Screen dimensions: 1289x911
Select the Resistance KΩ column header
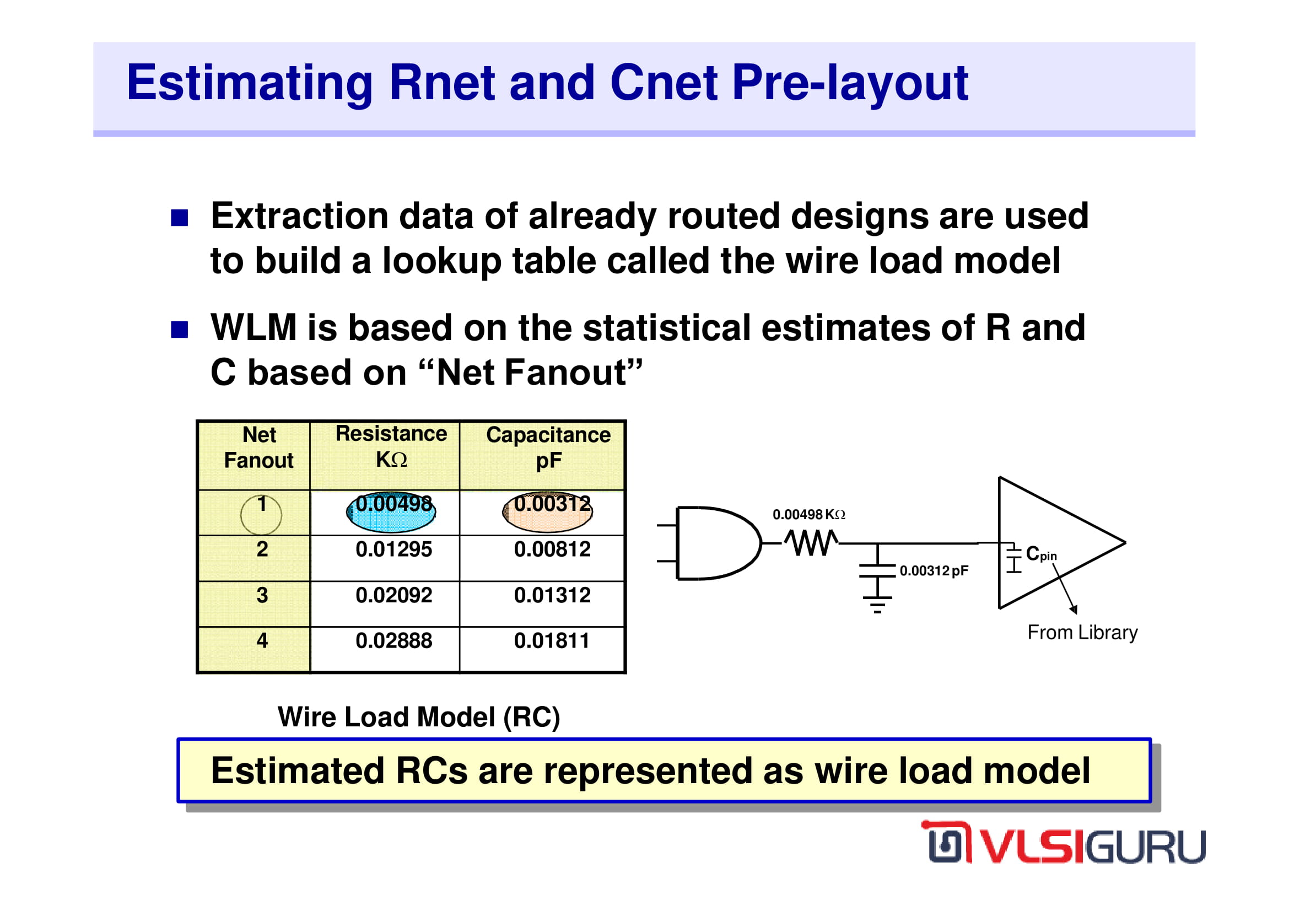[x=391, y=447]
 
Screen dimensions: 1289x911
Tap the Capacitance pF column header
[x=548, y=448]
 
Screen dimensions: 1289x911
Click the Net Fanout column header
[x=259, y=448]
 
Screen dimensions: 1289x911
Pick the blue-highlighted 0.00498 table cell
[x=391, y=511]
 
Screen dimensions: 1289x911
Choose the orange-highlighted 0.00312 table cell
[x=548, y=511]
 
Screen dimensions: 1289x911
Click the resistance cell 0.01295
[x=393, y=549]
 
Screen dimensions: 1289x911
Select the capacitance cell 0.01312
[x=552, y=596]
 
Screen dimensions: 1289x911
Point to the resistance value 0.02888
[x=393, y=641]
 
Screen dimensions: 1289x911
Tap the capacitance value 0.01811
[x=552, y=641]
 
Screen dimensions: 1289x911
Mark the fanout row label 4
[x=262, y=641]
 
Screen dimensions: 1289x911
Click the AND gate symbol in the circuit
[x=713, y=543]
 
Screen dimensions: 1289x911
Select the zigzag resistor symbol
[x=811, y=543]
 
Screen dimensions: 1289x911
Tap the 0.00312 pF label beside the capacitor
[x=934, y=571]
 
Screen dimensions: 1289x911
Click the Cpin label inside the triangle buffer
[x=1042, y=554]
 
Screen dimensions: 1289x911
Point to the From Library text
[x=1082, y=633]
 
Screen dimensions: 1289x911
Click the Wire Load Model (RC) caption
[x=419, y=718]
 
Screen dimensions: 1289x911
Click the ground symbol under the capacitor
[x=877, y=606]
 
